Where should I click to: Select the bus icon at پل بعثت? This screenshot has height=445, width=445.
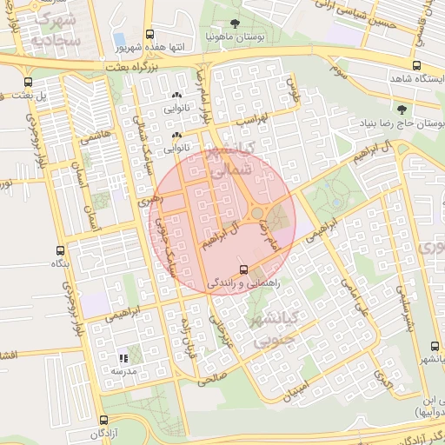tap(28, 82)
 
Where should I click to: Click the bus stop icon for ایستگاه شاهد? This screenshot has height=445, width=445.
tap(415, 66)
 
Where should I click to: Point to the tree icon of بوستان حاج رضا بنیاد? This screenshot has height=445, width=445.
tap(401, 110)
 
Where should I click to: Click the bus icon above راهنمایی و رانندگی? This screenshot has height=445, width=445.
tap(243, 269)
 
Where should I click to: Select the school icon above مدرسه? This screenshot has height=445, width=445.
tap(123, 357)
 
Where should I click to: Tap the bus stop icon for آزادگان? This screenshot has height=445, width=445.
tap(104, 420)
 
